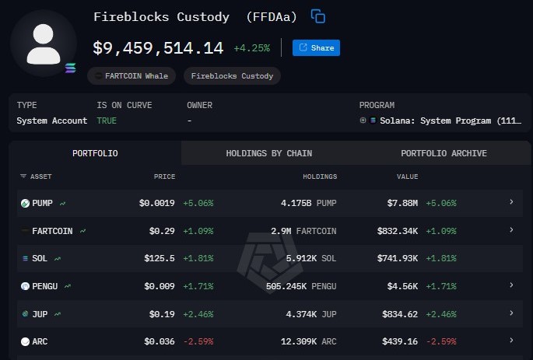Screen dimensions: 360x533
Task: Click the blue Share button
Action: point(316,48)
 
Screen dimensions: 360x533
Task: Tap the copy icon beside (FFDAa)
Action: point(317,16)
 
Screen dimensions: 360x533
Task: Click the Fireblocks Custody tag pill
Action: point(232,76)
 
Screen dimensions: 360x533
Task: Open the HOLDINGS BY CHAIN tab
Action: point(268,153)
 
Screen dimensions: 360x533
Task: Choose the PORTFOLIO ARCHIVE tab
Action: point(444,153)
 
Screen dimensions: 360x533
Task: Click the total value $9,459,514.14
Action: point(158,48)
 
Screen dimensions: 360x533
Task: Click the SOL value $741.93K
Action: point(400,258)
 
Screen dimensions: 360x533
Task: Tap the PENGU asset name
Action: point(45,286)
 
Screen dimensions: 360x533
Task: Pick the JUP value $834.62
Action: point(401,313)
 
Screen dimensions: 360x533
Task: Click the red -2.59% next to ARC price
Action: point(198,341)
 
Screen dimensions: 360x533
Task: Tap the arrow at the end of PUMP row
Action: point(511,202)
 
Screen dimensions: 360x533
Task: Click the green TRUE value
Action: point(107,121)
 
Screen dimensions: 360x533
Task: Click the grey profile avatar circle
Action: point(43,44)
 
